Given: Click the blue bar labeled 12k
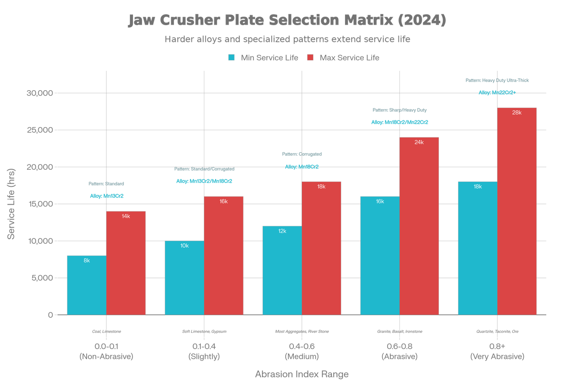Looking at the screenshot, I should coord(282,270).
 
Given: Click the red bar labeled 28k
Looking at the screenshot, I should coord(517,211).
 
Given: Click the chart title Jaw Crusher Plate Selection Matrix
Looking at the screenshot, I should coord(287,21).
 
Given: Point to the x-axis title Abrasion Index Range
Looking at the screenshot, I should coord(302,374).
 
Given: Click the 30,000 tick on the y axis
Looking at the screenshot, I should coord(40,93).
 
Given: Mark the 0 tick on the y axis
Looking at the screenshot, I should coord(50,315).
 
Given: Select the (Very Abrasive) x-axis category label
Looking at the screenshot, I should coord(497,357).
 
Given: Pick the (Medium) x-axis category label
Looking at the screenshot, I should coord(302,357).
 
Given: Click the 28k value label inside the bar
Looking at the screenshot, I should coord(517,113).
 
